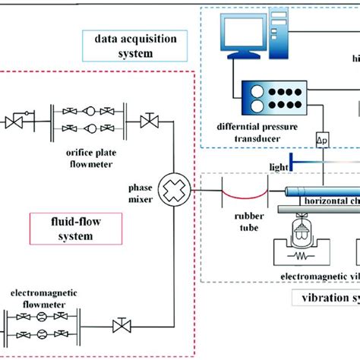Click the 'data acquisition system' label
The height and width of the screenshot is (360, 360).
[x=124, y=46]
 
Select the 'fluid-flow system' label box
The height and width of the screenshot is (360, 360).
[x=62, y=229]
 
